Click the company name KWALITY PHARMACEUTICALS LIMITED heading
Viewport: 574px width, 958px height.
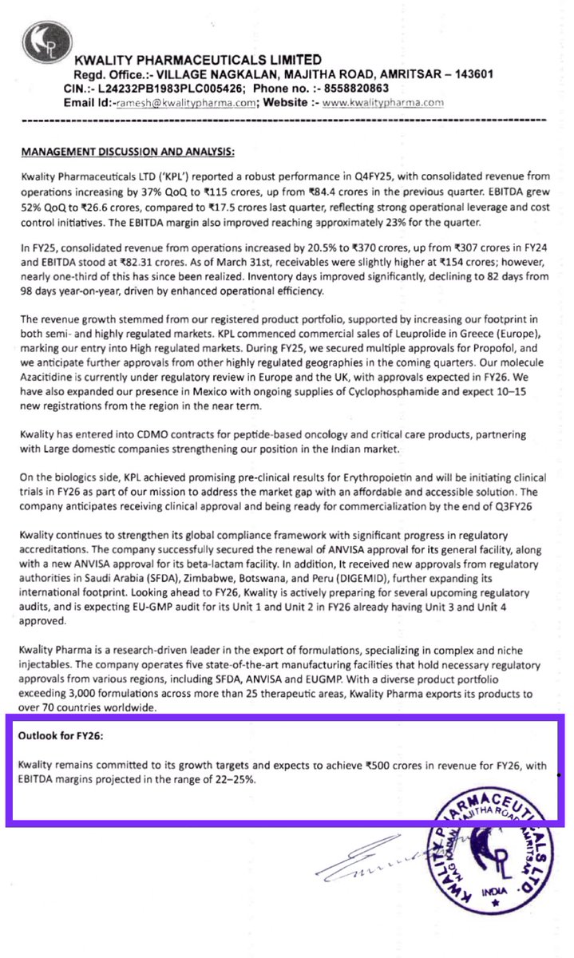coord(198,60)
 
